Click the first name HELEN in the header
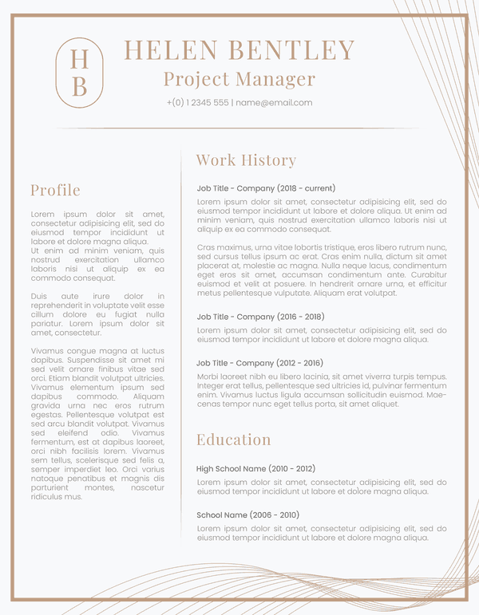tap(170, 50)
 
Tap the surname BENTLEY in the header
tap(291, 50)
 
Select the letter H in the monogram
tap(80, 59)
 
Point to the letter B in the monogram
tap(80, 86)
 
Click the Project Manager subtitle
tap(239, 79)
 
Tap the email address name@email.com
tap(274, 103)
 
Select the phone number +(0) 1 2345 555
tap(198, 103)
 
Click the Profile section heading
tap(55, 190)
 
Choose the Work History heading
tap(246, 160)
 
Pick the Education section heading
tap(234, 440)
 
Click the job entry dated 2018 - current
tap(266, 188)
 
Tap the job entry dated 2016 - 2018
tap(260, 317)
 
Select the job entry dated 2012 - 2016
tap(260, 363)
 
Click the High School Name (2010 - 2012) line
tap(255, 469)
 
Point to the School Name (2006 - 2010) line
tap(247, 515)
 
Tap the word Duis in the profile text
tap(40, 297)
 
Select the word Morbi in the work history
tap(208, 376)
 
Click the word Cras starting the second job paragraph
tap(207, 248)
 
